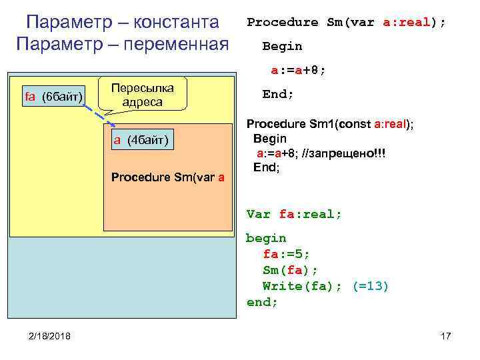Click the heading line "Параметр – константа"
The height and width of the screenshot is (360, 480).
(122, 22)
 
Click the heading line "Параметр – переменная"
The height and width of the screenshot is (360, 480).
(122, 46)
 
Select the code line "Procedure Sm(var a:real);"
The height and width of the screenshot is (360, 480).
(346, 22)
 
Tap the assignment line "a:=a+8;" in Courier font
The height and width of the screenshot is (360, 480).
(298, 70)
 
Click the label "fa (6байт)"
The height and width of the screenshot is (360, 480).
(53, 97)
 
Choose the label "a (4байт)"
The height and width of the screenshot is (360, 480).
(141, 139)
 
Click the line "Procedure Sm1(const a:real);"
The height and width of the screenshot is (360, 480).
(330, 124)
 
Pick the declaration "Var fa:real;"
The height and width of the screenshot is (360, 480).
(294, 214)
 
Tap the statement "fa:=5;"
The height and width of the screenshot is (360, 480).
(287, 254)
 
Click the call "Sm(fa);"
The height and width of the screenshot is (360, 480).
(291, 270)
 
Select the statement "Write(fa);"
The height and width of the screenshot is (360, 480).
(299, 286)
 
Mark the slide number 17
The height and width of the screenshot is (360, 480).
(446, 335)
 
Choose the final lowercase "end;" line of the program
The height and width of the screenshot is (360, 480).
(262, 302)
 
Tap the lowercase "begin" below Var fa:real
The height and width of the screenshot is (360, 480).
(266, 238)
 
